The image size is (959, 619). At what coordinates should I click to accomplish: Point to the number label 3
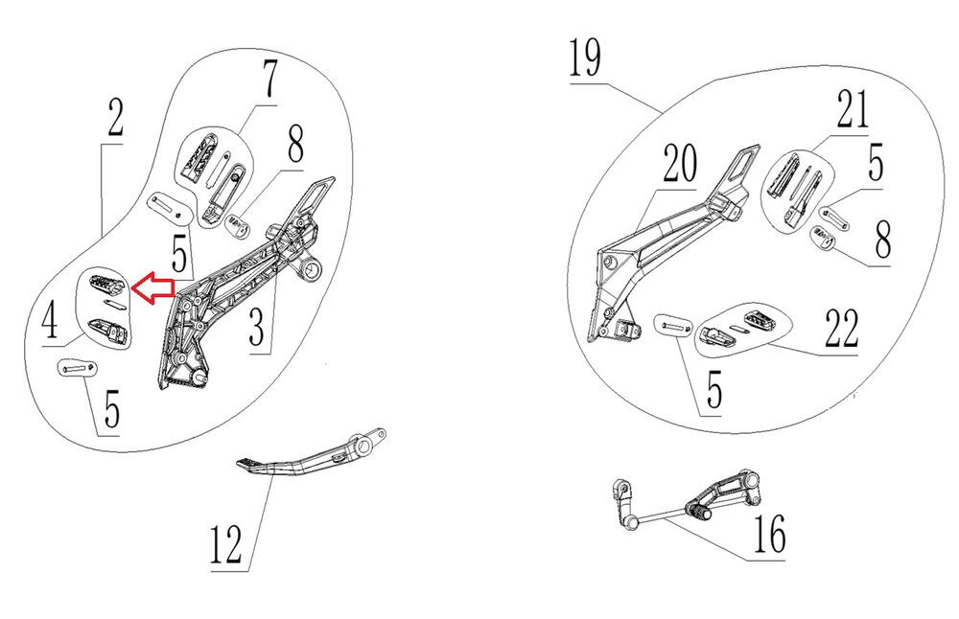[256, 329]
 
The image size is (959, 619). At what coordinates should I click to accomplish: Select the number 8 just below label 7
[294, 148]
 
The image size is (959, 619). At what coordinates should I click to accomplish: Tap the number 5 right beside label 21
[875, 163]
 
